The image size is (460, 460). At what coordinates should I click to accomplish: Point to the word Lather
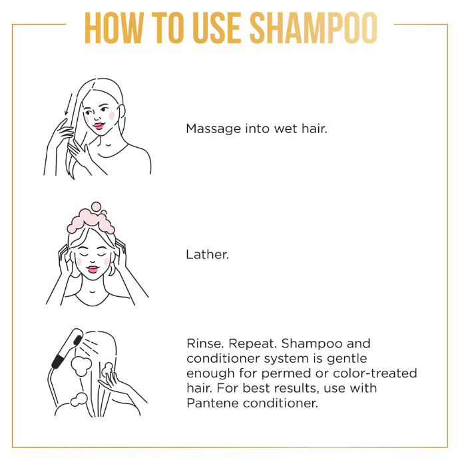click(207, 254)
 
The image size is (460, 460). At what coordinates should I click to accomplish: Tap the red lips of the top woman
click(97, 125)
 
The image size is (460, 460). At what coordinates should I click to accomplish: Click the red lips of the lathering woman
click(93, 269)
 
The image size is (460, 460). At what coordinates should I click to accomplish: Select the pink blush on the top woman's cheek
click(111, 115)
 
